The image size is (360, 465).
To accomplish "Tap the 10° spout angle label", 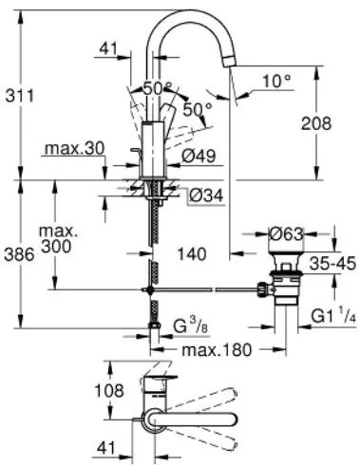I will pyautogui.click(x=276, y=82).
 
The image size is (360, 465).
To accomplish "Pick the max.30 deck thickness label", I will pyautogui.click(x=73, y=149).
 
